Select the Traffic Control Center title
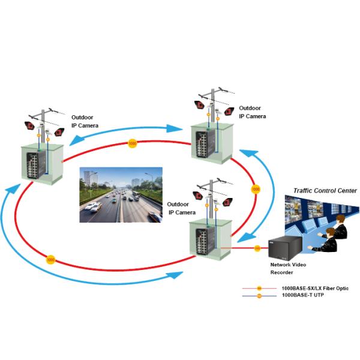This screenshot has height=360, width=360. point(325,191)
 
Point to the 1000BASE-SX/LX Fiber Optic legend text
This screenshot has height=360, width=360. point(314,289)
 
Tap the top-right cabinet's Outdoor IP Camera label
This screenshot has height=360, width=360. point(252,112)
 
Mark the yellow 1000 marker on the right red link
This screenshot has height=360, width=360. point(256,189)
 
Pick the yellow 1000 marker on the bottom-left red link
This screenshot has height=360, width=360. point(50,260)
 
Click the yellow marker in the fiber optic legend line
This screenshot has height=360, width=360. point(259,289)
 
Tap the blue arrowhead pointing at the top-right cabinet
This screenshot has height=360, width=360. point(175,127)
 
